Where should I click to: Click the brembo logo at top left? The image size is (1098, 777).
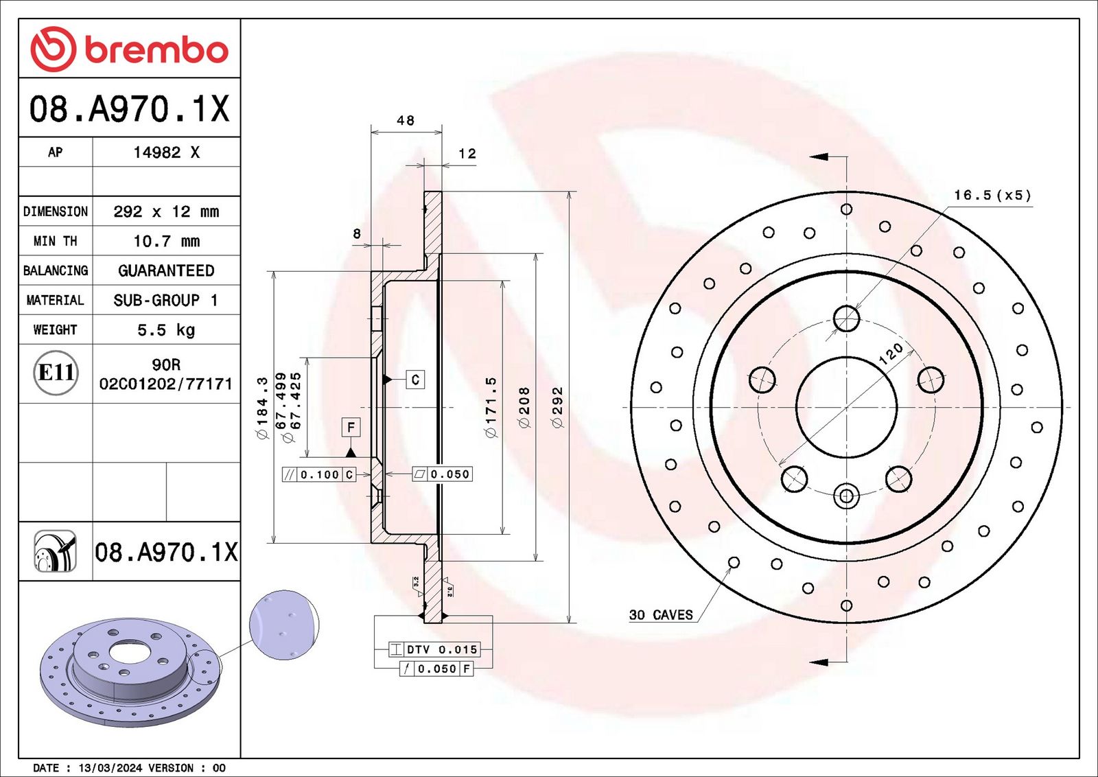click(130, 49)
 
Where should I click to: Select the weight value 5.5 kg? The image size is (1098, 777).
click(166, 330)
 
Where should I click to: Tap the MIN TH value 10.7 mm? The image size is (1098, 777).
click(167, 241)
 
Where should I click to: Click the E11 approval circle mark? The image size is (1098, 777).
click(56, 373)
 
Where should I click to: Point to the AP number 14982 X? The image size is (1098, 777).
click(167, 152)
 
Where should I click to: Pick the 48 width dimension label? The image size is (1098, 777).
click(406, 120)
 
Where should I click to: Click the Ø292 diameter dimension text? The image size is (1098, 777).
click(558, 407)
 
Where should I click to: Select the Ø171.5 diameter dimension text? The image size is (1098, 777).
click(491, 407)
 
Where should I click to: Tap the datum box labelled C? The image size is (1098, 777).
click(415, 380)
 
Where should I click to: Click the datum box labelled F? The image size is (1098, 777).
click(351, 428)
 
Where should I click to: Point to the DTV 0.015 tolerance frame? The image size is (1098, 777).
click(434, 649)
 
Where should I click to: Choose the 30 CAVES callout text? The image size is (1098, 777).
click(661, 615)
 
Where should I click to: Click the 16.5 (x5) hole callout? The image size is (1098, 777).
click(992, 195)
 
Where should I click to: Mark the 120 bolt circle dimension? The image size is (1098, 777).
click(890, 354)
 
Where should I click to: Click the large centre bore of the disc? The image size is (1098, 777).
click(847, 407)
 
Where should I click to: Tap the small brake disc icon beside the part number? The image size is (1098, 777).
click(56, 551)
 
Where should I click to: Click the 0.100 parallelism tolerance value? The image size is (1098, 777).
click(320, 474)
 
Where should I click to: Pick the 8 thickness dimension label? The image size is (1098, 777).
click(357, 234)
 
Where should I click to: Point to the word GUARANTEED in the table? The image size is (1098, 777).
click(166, 270)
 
